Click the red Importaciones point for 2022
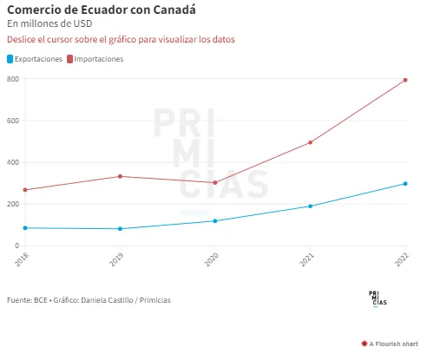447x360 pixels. tap(405, 80)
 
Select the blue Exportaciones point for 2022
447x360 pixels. tap(405, 184)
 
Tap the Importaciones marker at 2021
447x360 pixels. tap(310, 142)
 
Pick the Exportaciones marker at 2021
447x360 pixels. tap(310, 206)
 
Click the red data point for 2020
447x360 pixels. tap(215, 183)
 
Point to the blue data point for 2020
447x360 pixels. tap(215, 221)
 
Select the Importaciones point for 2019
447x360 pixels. tap(120, 176)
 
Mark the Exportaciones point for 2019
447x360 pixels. tap(120, 229)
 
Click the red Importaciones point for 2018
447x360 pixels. tap(25, 190)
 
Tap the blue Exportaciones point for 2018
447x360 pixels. tap(25, 228)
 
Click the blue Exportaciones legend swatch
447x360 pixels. tap(10, 59)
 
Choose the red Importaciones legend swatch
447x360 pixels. tap(69, 59)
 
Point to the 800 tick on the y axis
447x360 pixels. tap(13, 79)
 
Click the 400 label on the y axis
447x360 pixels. tap(13, 162)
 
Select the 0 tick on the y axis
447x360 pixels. tap(17, 245)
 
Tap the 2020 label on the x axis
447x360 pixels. tap(212, 259)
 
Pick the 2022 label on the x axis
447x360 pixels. tap(402, 259)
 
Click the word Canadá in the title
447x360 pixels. tap(174, 10)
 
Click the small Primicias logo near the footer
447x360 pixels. tap(378, 298)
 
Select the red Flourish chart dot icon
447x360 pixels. tap(365, 344)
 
